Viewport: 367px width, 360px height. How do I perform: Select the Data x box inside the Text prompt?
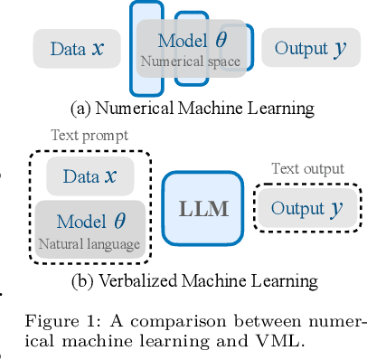(x=89, y=176)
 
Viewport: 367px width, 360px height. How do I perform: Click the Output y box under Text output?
(x=306, y=208)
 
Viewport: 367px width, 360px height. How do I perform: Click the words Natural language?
(x=89, y=243)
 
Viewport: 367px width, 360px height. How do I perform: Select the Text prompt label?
(x=89, y=136)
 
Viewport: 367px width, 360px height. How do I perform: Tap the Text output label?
(x=307, y=169)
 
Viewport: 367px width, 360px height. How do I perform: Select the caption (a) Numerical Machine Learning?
(x=192, y=108)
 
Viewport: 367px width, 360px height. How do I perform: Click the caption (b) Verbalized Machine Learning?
(x=193, y=280)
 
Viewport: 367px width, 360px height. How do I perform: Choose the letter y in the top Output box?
(x=339, y=49)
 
